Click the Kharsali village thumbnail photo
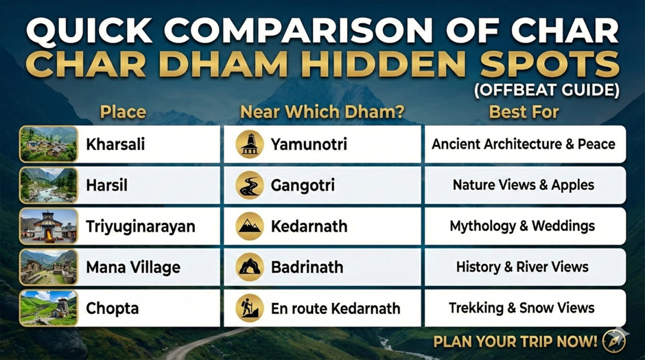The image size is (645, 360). (48, 144)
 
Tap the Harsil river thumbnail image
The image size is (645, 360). (48, 185)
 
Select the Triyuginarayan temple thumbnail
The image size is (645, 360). (48, 226)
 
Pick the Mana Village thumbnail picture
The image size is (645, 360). (48, 267)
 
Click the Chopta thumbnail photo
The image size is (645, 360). (48, 308)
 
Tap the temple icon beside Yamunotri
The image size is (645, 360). (249, 144)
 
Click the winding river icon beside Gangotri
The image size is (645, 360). (249, 185)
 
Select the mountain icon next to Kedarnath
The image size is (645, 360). (249, 226)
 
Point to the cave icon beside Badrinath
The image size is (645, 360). (249, 267)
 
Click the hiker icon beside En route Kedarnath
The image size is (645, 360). (249, 308)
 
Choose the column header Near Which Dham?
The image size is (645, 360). (322, 112)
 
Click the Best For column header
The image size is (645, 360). (524, 112)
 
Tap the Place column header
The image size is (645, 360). (123, 112)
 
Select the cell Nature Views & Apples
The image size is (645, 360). (524, 185)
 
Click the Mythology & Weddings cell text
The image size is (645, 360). (522, 226)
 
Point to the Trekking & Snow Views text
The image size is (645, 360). (521, 308)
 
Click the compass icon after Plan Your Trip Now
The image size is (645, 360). (613, 341)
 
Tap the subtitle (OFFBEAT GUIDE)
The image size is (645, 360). (547, 90)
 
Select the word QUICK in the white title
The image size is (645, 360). (89, 31)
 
